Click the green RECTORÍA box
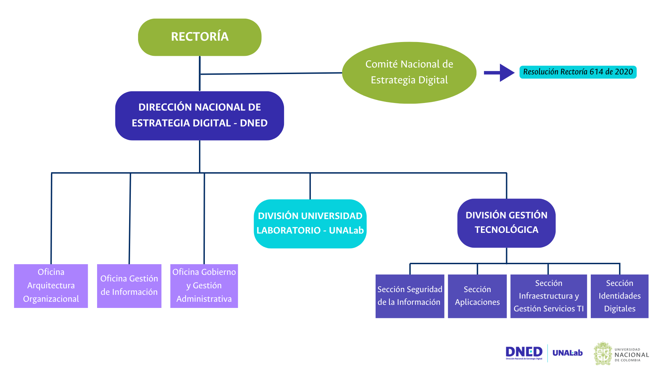(x=200, y=37)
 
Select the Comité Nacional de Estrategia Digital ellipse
(x=409, y=72)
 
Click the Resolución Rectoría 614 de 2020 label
(x=578, y=72)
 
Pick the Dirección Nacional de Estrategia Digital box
(x=200, y=115)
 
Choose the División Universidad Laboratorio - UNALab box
(x=310, y=224)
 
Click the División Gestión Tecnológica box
(x=506, y=223)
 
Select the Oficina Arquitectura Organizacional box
(x=51, y=286)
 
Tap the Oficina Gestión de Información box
(x=129, y=286)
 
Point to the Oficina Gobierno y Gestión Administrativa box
(x=204, y=286)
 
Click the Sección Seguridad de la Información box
(x=410, y=296)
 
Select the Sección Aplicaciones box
(x=477, y=296)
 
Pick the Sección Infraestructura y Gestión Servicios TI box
(x=548, y=296)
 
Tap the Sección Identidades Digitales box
(x=619, y=296)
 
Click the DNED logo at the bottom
(x=524, y=353)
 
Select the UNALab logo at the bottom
(x=567, y=353)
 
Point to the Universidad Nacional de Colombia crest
(x=603, y=353)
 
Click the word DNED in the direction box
(x=254, y=123)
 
